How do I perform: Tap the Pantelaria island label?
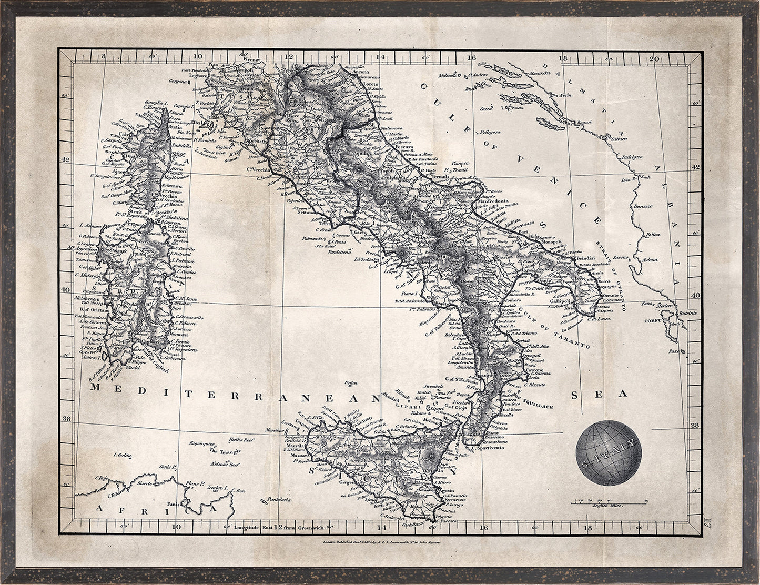pos(279,499)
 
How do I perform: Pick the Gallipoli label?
pos(560,301)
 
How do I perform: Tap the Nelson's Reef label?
pos(227,465)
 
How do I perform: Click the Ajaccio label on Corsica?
pos(123,172)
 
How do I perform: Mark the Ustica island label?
pos(351,382)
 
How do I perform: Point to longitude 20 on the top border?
pos(653,59)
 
